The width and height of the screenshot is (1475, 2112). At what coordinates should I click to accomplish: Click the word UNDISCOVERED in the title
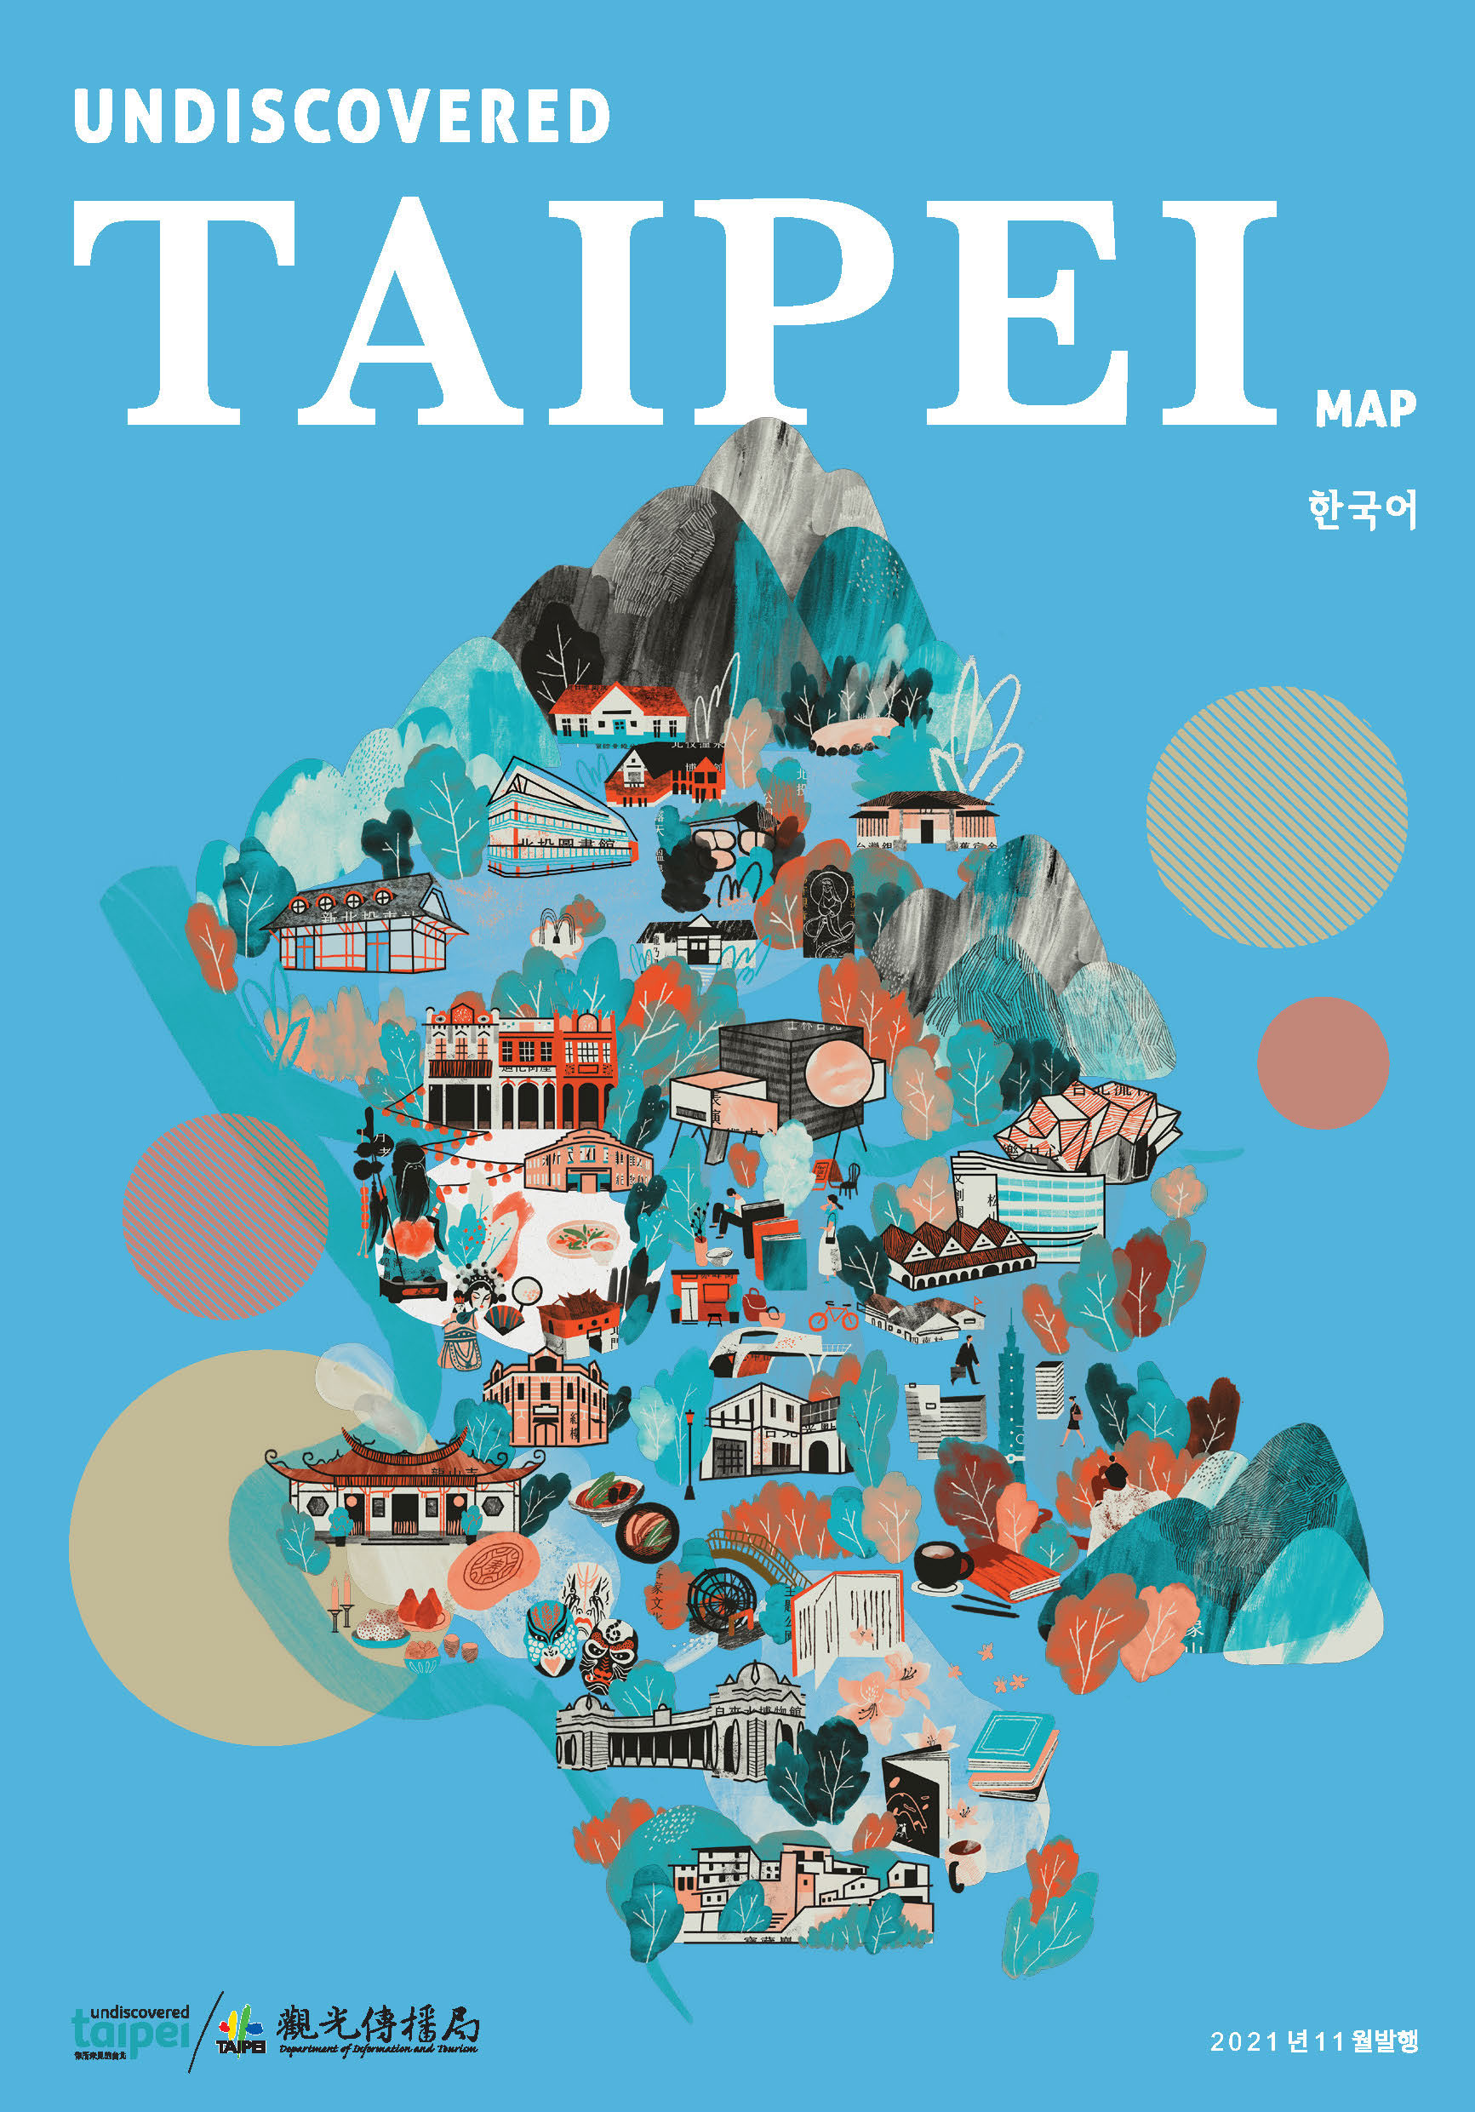[341, 116]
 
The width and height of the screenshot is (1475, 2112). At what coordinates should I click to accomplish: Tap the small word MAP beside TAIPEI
[1364, 409]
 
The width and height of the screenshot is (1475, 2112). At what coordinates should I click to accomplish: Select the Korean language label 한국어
[1362, 510]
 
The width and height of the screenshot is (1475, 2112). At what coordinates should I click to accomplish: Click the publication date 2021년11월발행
[1314, 2041]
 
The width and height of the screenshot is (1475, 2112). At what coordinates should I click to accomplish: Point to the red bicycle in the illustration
[833, 1317]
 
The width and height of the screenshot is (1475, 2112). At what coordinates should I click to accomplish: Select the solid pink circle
[1323, 1062]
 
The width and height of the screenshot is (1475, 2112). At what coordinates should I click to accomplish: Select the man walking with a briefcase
[964, 1359]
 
